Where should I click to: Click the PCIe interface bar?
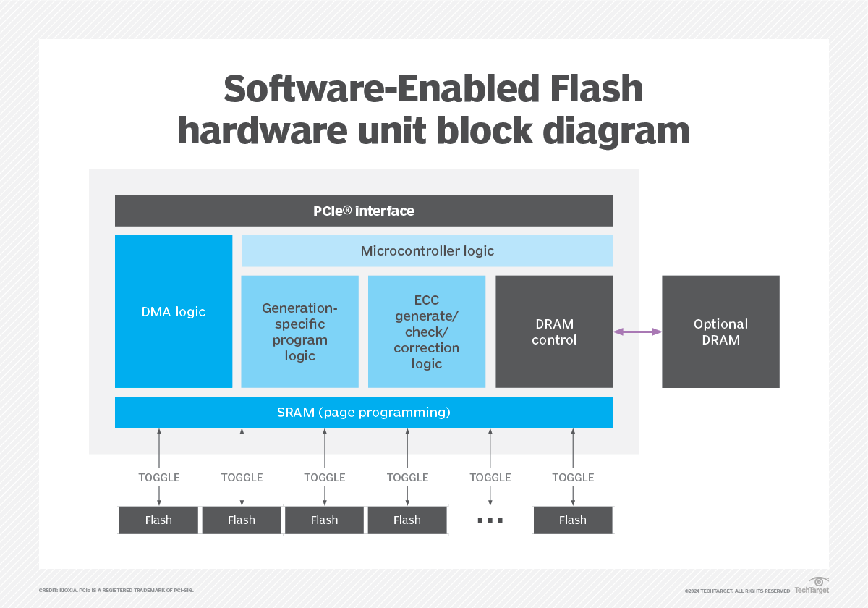[364, 211]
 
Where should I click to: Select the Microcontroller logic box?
[427, 251]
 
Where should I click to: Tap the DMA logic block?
[174, 311]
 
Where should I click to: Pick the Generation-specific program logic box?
[299, 332]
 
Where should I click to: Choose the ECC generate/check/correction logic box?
[426, 332]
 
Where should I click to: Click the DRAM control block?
[554, 332]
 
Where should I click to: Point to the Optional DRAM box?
[720, 332]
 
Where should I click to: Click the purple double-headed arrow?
[637, 332]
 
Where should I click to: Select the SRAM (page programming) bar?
[364, 413]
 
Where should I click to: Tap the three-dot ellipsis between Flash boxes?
[490, 520]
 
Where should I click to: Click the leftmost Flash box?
[158, 520]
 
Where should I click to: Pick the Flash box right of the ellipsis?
[573, 520]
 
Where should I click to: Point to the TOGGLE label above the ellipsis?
[490, 478]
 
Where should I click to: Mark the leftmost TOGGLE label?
[159, 478]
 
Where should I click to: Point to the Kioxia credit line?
[116, 591]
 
